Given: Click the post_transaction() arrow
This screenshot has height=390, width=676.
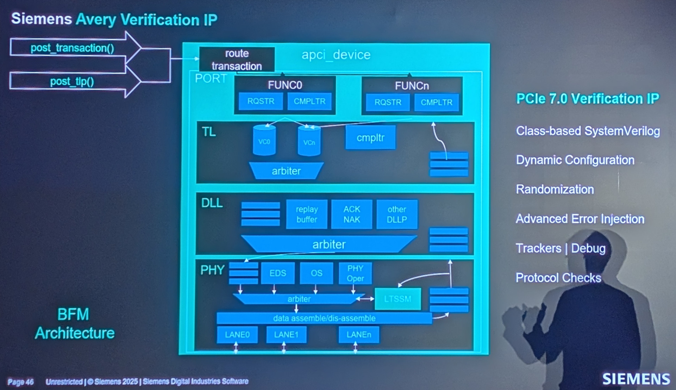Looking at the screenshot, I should tap(73, 48).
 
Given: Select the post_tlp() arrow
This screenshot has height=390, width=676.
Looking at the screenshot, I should tap(72, 81).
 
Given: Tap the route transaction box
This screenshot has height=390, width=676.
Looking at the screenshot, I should tap(237, 60).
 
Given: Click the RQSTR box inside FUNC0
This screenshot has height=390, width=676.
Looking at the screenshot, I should tap(261, 101).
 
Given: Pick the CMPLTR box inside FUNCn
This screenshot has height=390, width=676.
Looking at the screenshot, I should tap(437, 103).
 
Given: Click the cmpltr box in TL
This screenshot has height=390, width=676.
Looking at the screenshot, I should tap(370, 137).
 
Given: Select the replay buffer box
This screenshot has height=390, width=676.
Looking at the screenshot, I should tap(307, 214).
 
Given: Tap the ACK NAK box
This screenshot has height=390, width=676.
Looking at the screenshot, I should tap(352, 214).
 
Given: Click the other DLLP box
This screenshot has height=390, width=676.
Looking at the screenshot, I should tap(397, 214).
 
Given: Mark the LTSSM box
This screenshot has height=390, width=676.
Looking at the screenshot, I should tap(398, 299).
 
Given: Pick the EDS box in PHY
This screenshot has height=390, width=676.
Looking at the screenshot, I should tap(278, 273).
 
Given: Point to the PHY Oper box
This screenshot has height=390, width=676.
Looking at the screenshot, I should tap(355, 273).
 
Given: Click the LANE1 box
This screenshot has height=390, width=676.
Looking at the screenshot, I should tap(286, 334).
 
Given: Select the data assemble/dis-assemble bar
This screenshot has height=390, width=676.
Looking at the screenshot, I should tap(324, 318).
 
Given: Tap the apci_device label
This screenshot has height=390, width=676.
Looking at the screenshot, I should tap(336, 55).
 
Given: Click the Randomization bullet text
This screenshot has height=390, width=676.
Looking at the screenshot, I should tap(555, 190).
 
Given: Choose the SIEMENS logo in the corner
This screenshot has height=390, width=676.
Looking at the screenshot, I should tap(636, 379).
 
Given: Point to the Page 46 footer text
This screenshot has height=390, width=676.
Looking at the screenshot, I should tap(20, 382).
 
